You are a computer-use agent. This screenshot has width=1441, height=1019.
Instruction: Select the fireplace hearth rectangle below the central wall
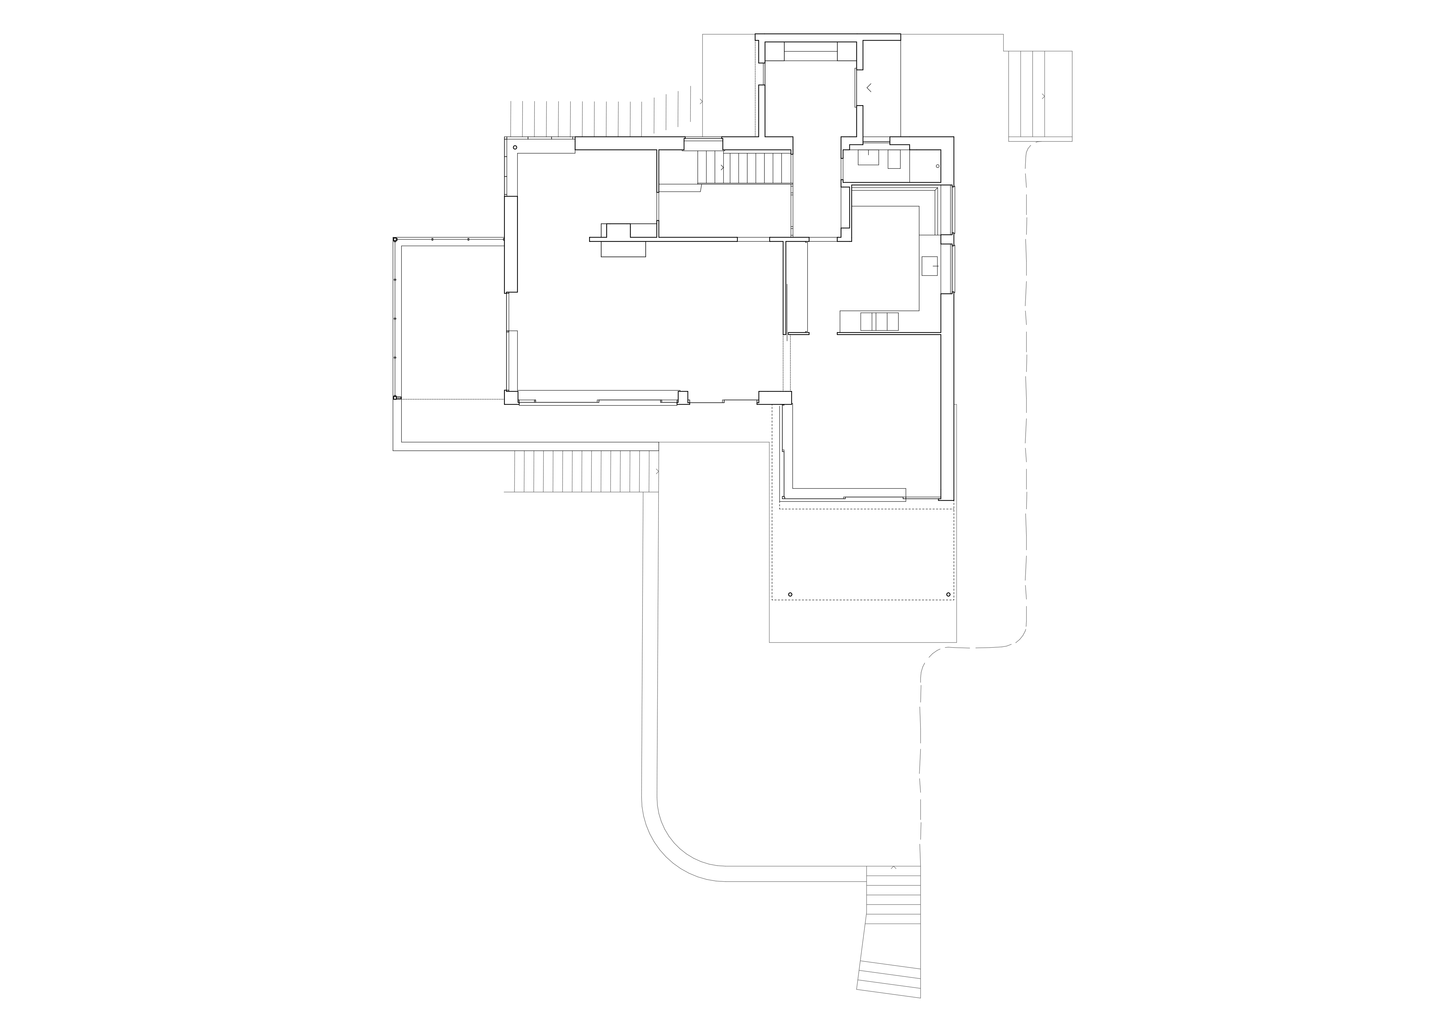click(x=623, y=249)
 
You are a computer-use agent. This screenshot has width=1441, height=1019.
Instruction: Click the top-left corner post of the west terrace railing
click(x=395, y=240)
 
